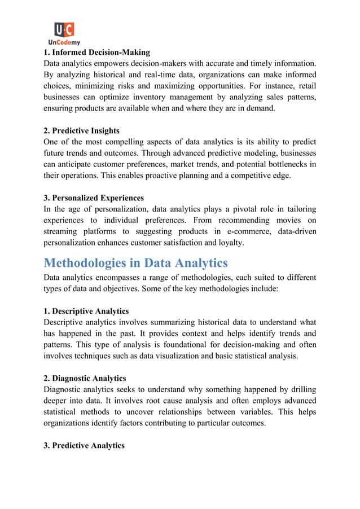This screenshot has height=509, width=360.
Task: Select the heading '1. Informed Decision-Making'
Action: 97,52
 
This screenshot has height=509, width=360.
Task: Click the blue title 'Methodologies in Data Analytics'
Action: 135,263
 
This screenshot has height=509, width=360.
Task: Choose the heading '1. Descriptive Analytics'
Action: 90,311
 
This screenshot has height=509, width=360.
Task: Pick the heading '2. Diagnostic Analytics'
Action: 89,378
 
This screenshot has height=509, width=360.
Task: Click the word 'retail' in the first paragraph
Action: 305,86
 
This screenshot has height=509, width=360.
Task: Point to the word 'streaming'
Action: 63,231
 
